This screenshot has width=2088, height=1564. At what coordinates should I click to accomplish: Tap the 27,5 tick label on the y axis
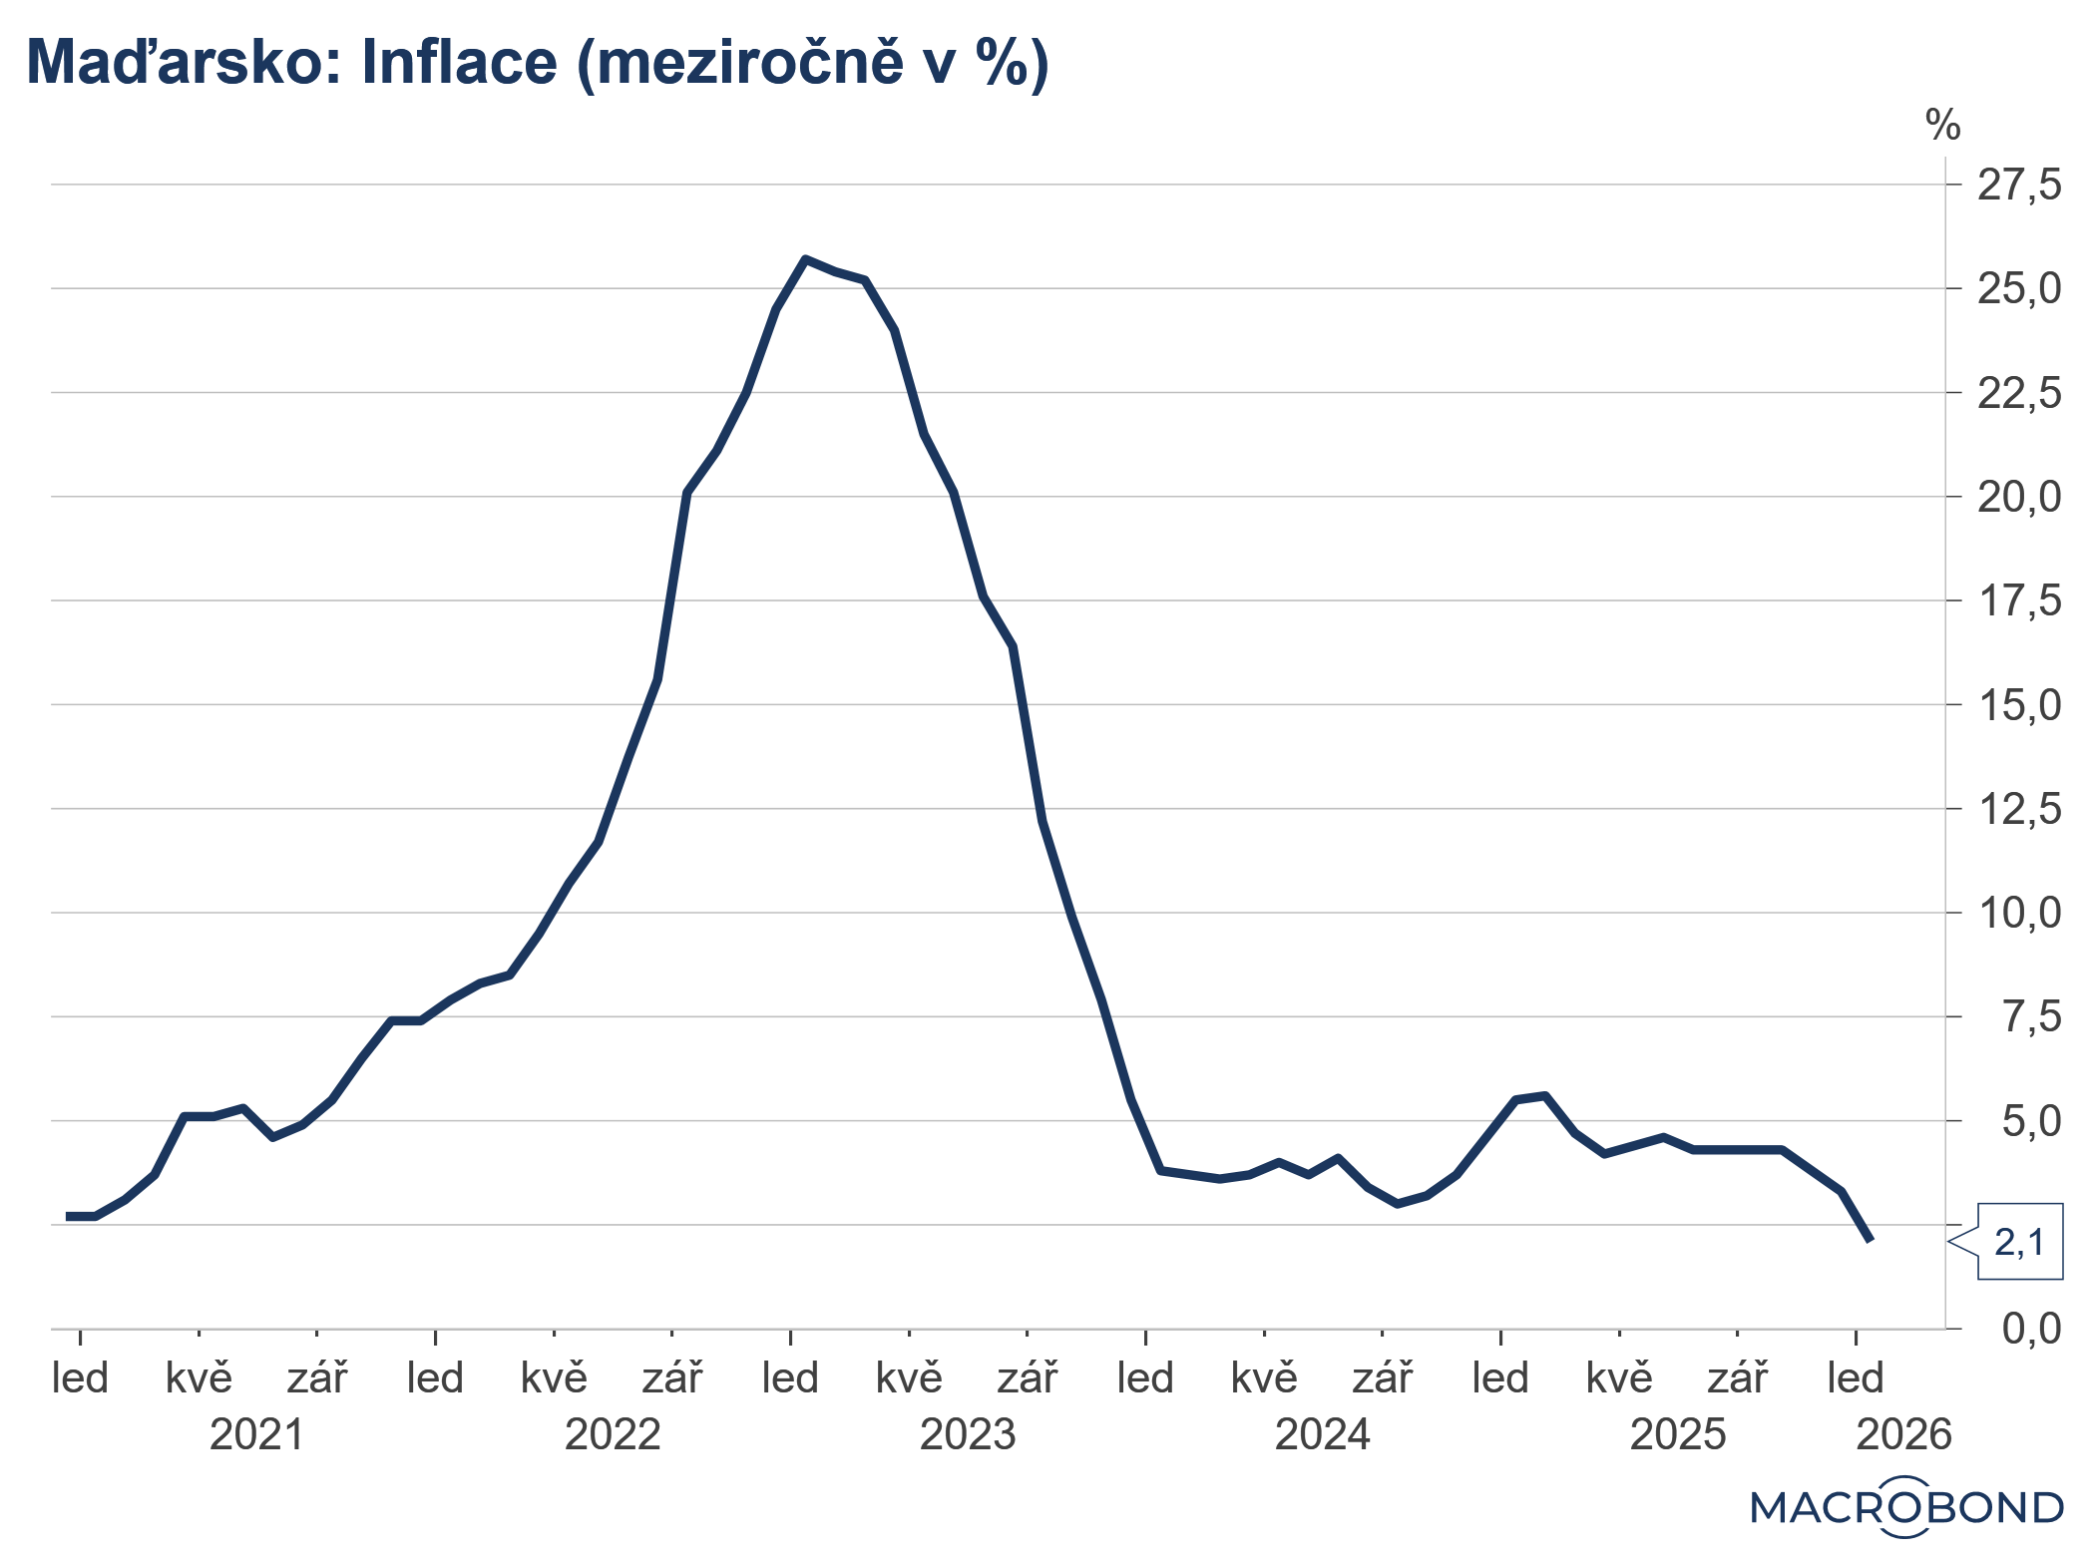tap(2018, 186)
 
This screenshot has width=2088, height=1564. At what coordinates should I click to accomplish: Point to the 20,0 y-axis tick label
tap(2018, 497)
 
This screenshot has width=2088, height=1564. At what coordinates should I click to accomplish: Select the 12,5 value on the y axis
tap(2018, 809)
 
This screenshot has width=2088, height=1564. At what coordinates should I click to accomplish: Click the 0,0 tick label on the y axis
tap(2030, 1329)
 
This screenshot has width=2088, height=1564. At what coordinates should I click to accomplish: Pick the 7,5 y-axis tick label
tap(2030, 1017)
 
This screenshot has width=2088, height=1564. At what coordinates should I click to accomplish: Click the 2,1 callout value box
tap(2019, 1242)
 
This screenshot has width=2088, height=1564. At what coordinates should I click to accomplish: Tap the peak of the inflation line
tap(805, 259)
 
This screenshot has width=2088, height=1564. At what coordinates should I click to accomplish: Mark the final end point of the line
tap(1871, 1241)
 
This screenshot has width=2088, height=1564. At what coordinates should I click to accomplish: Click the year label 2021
tap(256, 1435)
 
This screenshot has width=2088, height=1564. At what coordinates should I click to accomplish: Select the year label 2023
tap(967, 1435)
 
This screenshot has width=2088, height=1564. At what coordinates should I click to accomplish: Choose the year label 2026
tap(1902, 1435)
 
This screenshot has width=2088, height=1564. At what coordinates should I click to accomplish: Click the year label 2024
tap(1322, 1435)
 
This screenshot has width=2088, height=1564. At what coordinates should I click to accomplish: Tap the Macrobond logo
tap(1905, 1507)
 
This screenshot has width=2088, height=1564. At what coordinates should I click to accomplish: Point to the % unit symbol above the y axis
tap(1942, 126)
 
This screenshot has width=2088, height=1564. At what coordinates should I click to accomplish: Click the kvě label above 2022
tap(554, 1378)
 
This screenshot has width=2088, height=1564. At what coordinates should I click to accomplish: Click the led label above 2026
tap(1855, 1378)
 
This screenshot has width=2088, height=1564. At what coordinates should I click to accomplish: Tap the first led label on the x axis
tap(80, 1378)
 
